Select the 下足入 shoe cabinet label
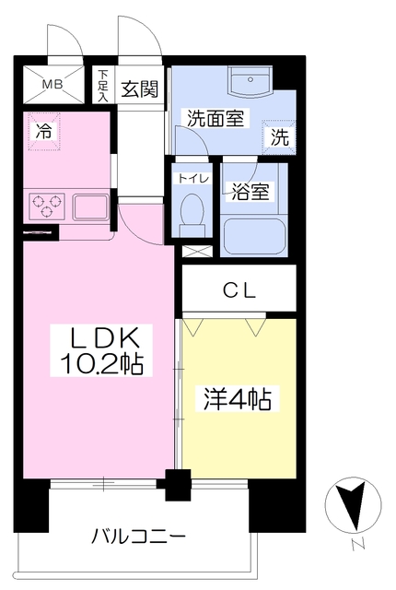point(103,84)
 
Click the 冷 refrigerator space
point(43,131)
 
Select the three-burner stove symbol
point(45,204)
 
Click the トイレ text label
point(192,177)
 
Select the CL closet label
point(239,290)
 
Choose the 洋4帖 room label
point(236,400)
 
